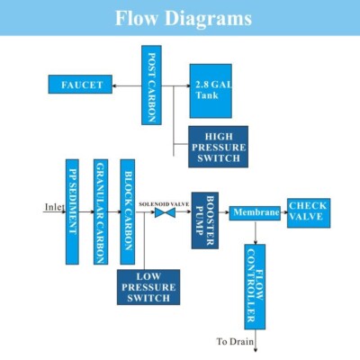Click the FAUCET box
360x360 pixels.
click(x=80, y=85)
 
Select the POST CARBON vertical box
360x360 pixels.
click(x=151, y=85)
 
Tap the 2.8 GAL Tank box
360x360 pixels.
click(x=211, y=91)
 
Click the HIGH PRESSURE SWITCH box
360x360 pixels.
click(x=218, y=147)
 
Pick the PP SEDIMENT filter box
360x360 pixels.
click(x=72, y=211)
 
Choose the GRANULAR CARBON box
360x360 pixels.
click(x=101, y=211)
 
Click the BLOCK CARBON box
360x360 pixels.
click(x=128, y=211)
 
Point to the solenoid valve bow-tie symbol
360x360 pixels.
click(x=165, y=212)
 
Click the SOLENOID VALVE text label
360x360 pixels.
click(x=164, y=204)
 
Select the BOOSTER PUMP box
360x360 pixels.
click(x=205, y=220)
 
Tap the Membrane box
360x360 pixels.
click(x=255, y=213)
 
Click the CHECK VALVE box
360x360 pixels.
click(x=309, y=213)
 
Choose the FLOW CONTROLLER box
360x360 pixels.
click(x=255, y=287)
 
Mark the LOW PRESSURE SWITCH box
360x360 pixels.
click(x=148, y=287)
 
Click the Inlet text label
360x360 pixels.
click(x=55, y=207)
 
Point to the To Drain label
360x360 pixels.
click(x=235, y=341)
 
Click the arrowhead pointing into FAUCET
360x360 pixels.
click(x=114, y=86)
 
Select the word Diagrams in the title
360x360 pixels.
click(x=208, y=18)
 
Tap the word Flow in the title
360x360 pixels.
click(x=137, y=18)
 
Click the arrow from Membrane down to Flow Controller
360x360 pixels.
click(x=256, y=232)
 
